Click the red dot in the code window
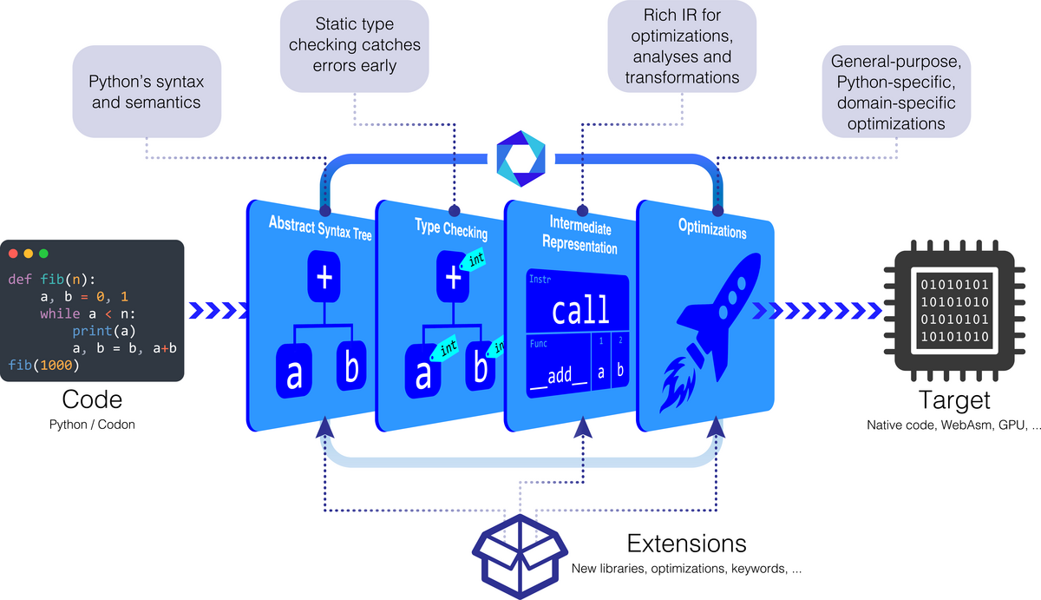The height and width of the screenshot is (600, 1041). (x=13, y=254)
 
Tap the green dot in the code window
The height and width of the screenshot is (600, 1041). (x=43, y=254)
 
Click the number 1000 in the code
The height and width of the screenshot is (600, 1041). (x=56, y=365)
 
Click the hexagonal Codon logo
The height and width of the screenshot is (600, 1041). (x=520, y=159)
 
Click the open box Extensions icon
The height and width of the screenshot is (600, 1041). (x=520, y=557)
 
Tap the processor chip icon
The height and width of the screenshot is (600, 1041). (x=954, y=310)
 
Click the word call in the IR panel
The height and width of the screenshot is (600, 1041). (x=580, y=310)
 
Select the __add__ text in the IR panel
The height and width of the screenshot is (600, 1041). (x=559, y=375)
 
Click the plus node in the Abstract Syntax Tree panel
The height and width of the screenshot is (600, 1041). (x=324, y=277)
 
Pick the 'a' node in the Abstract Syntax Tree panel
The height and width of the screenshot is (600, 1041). (x=294, y=371)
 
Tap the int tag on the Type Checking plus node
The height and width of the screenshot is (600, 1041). (x=473, y=260)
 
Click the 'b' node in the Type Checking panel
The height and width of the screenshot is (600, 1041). (x=480, y=367)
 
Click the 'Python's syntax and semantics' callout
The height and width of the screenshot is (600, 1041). (x=147, y=92)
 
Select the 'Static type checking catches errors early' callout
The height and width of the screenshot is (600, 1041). (x=354, y=45)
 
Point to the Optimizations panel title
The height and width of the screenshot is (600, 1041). (x=712, y=228)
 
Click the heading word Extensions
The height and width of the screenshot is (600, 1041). (x=686, y=544)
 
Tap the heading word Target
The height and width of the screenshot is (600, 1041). (x=954, y=399)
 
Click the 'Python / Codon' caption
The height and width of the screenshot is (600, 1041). (x=92, y=425)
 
